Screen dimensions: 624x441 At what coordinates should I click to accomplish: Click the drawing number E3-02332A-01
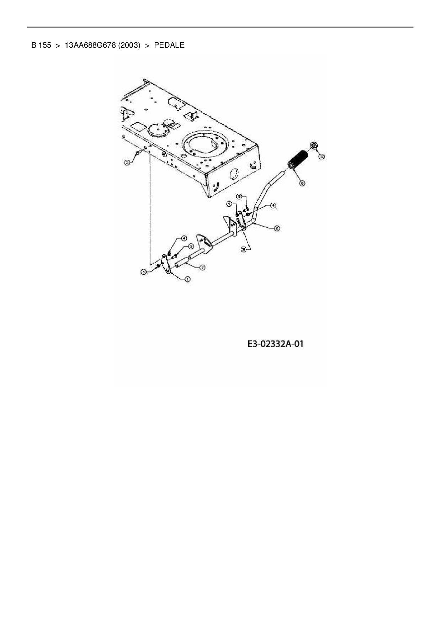[x=275, y=344]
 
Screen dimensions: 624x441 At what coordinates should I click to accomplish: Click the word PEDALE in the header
[x=169, y=45]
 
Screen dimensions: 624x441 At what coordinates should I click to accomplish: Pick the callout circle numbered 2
[x=276, y=228]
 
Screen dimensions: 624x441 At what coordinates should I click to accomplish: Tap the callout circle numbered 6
[x=302, y=184]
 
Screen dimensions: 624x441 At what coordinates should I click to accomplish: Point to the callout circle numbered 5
[x=321, y=156]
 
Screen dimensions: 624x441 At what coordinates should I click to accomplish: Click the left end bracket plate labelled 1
[x=166, y=264]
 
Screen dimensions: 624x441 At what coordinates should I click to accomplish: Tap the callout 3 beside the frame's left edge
[x=127, y=162]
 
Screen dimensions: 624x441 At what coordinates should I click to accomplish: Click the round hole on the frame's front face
[x=234, y=174]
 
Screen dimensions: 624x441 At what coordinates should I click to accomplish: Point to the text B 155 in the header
[x=41, y=45]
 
